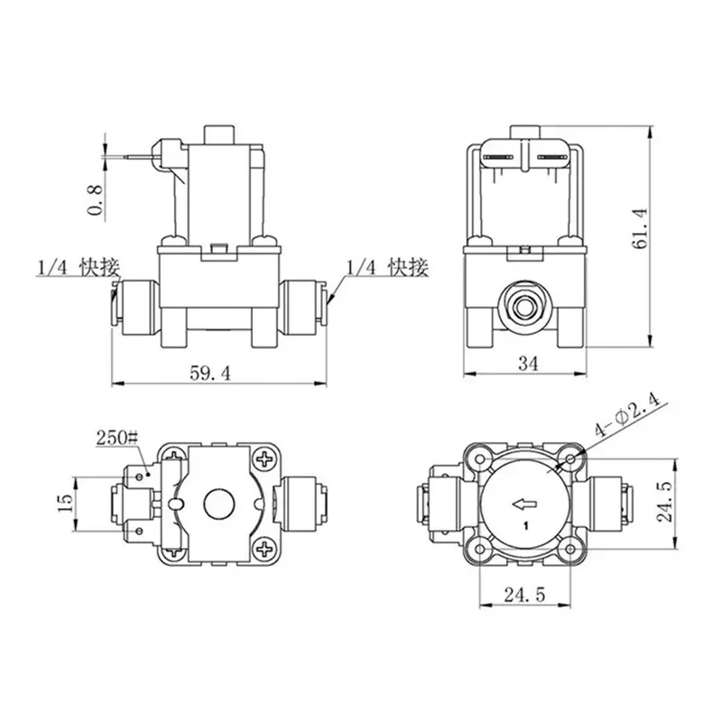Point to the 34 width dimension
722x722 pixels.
click(x=526, y=364)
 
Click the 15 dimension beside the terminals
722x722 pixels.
click(x=64, y=503)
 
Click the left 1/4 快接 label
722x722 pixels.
click(x=77, y=268)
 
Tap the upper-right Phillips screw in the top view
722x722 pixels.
click(x=264, y=459)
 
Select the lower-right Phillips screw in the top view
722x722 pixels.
click(x=264, y=547)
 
